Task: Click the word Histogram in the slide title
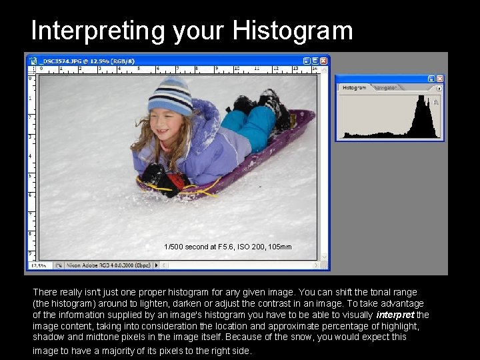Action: [x=293, y=31]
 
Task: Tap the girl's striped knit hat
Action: [x=170, y=97]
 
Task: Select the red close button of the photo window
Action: [x=324, y=60]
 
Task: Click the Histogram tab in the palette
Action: [x=354, y=87]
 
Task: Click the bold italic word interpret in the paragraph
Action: [x=395, y=315]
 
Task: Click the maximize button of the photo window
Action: [x=315, y=60]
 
